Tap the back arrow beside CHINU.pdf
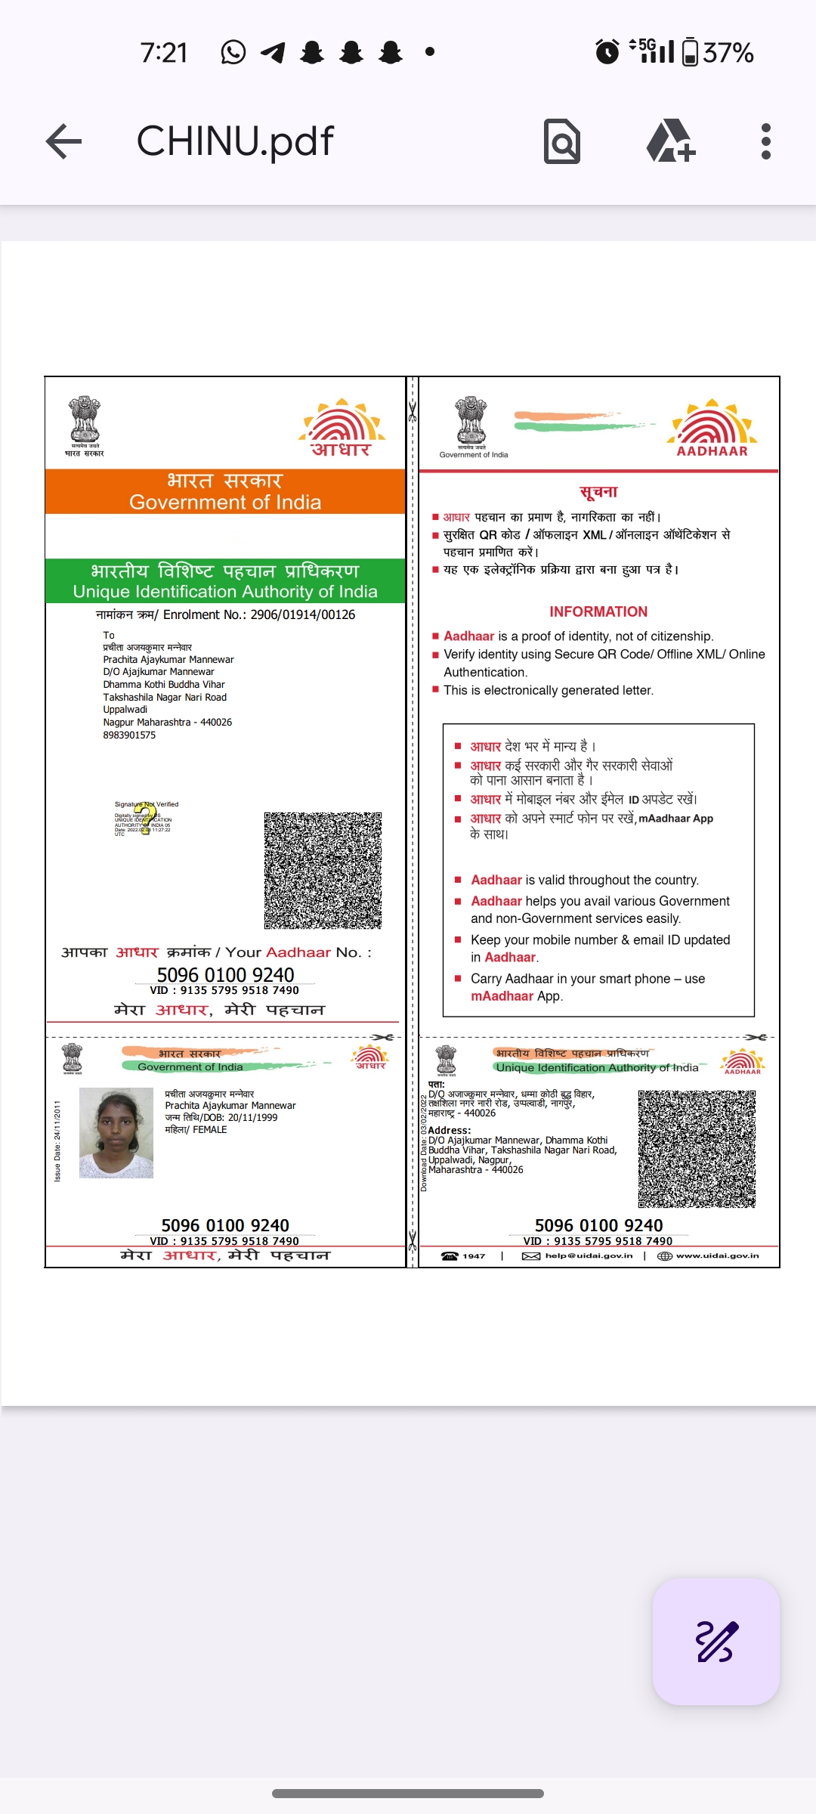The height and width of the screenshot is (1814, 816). pos(63,141)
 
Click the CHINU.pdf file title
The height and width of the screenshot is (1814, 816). pos(235,141)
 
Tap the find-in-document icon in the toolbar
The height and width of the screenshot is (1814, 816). pos(562,141)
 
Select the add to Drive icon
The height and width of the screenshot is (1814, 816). pos(670,141)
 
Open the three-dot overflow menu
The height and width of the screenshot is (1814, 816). pos(766,141)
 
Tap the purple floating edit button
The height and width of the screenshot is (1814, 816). pos(716,1641)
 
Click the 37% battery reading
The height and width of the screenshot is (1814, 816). pos(728,53)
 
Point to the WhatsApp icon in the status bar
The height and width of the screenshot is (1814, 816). pos(233,52)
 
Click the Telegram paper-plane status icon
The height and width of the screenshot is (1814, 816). pos(273,52)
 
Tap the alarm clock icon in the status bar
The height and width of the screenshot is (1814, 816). pos(607,52)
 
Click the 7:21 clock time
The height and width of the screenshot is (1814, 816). pos(164,53)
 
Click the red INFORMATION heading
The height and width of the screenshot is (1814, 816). pos(598,611)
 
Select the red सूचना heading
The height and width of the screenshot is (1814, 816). pos(598,492)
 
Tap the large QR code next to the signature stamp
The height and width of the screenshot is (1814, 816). pos(323,871)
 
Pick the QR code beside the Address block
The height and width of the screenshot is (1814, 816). pos(697,1148)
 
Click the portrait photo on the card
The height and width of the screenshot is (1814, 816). pos(116,1132)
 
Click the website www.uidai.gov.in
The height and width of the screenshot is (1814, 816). pos(717,1255)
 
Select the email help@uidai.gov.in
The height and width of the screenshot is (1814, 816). pos(589,1255)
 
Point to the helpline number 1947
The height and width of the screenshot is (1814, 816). pos(473,1255)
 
